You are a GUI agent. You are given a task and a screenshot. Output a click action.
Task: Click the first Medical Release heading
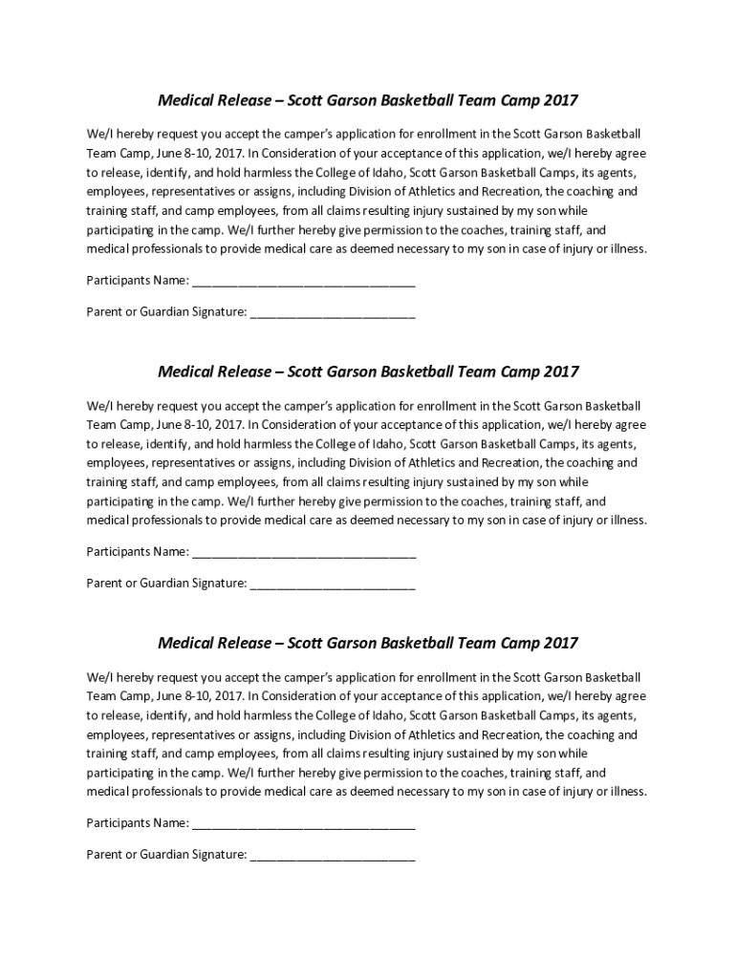tap(368, 100)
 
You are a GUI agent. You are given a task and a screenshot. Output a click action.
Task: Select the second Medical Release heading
tap(368, 372)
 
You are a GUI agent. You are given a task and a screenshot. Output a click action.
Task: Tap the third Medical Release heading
tap(368, 643)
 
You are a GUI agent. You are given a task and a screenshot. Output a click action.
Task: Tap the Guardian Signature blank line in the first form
tap(332, 312)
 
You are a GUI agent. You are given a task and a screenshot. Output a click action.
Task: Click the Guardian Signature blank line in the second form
tap(332, 584)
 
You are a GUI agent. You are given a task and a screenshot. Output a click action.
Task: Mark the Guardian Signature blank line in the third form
tap(332, 855)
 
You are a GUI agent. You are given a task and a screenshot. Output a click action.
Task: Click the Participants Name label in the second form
tap(137, 552)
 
